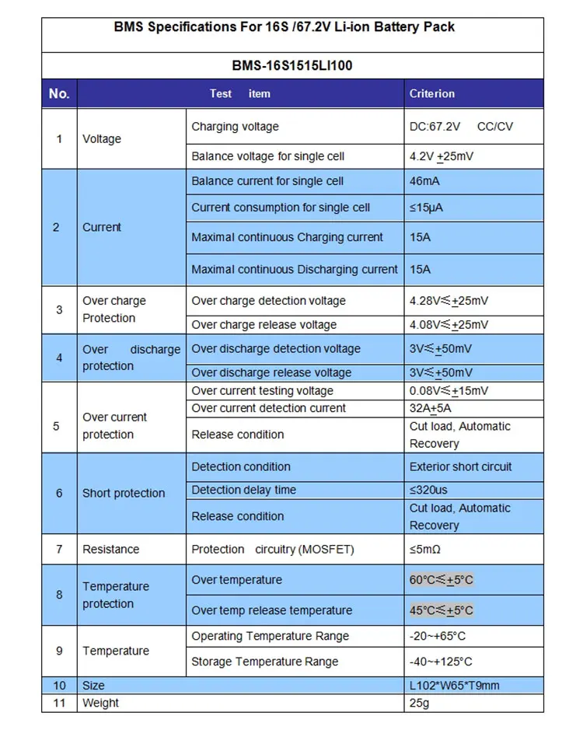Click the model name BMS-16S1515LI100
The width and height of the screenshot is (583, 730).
pos(291,65)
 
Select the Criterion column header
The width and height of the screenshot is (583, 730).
pos(432,93)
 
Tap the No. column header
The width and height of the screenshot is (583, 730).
pos(59,93)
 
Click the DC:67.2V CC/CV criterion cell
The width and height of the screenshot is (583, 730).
pos(461,127)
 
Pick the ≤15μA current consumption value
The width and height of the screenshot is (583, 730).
pos(426,208)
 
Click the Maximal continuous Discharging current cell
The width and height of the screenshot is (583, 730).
pos(295,269)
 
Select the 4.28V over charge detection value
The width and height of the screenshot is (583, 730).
pos(449,301)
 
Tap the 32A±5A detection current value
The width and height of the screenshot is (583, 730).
pos(430,408)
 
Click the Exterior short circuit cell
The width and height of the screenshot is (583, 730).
pos(461,466)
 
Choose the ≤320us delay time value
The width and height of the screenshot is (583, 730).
pos(428,490)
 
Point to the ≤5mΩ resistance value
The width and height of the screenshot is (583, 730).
pos(425,549)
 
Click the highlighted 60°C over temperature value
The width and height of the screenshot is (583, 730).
pos(442,580)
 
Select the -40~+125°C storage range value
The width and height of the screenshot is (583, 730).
pos(441,662)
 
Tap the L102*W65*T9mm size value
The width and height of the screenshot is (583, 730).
pos(455,685)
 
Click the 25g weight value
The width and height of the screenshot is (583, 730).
pos(420,703)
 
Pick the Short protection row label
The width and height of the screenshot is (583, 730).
pos(124,493)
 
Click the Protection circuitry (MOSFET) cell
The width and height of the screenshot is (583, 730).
pos(272,549)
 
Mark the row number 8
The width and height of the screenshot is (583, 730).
pos(59,595)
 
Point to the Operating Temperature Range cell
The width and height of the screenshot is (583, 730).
pos(270,636)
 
